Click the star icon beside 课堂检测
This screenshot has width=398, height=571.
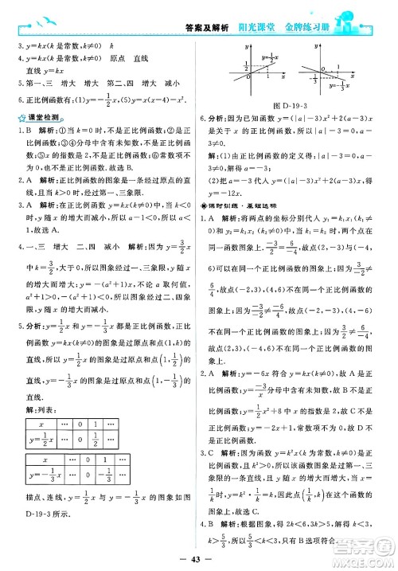18,118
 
